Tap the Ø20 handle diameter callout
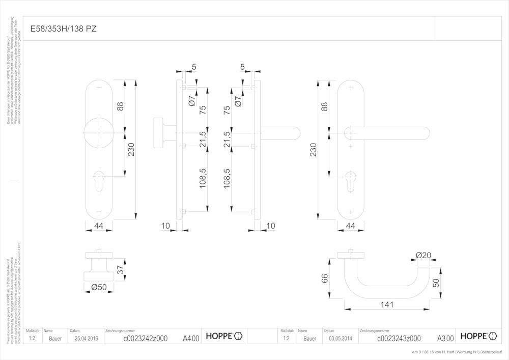tap(423, 255)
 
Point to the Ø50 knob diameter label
tap(99, 287)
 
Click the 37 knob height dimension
tap(121, 270)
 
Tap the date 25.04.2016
tap(86, 338)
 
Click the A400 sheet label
tap(191, 338)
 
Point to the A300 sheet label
tap(445, 338)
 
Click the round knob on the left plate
tap(99, 133)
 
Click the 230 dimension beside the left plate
tap(131, 150)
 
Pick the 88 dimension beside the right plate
tap(324, 106)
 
